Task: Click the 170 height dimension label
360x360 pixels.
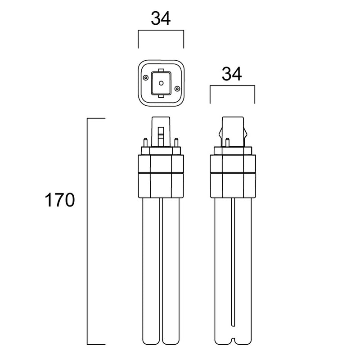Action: point(59,200)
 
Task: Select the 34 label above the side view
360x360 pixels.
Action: point(233,74)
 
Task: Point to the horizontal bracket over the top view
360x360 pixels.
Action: point(161,31)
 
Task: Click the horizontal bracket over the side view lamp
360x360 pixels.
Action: point(233,86)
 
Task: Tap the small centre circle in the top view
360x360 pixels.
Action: point(161,83)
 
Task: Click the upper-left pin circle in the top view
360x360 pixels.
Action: point(145,77)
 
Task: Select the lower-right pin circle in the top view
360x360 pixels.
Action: point(177,88)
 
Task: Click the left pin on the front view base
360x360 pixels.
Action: point(146,142)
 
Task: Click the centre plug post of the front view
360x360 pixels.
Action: point(161,130)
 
